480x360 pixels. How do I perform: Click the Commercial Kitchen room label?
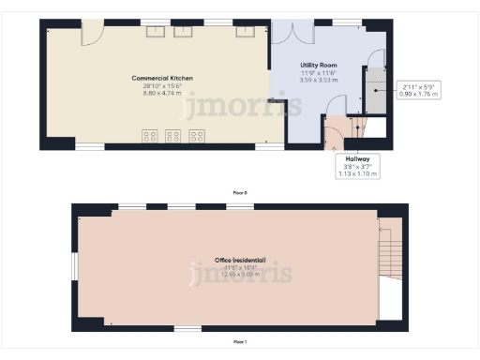[154, 77]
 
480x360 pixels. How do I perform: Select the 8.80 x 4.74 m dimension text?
[154, 92]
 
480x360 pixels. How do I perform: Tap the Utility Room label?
[318, 65]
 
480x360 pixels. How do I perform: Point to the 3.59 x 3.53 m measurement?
[318, 80]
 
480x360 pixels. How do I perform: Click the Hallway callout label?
[356, 159]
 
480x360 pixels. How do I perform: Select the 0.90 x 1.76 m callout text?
[419, 94]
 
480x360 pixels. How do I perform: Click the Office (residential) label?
[240, 259]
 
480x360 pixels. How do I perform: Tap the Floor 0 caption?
[240, 192]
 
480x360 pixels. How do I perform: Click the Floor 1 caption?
[240, 342]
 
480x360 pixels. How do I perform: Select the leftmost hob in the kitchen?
[149, 136]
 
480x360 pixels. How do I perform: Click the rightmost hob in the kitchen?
[197, 136]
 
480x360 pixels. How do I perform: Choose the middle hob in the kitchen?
[173, 136]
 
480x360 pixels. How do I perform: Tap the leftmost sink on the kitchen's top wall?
[156, 30]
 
